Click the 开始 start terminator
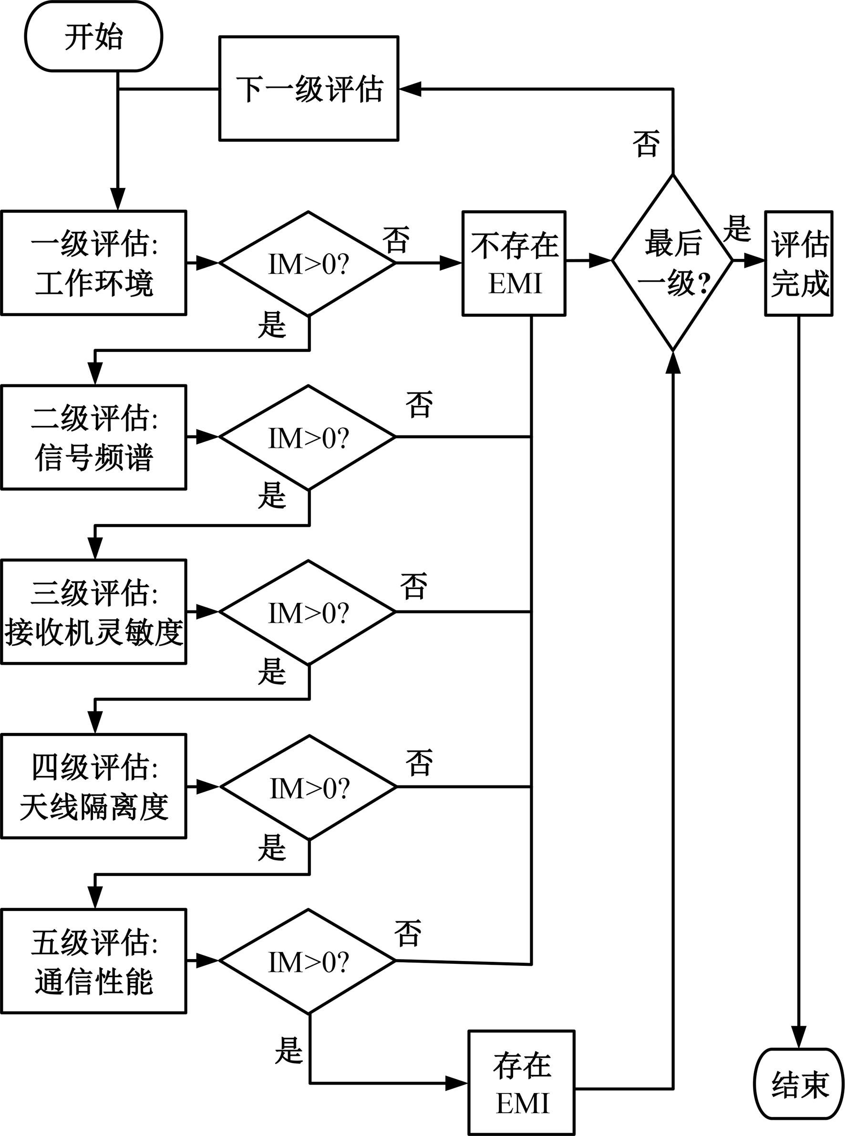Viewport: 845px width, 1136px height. pos(93,36)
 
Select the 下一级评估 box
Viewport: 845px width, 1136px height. pos(309,89)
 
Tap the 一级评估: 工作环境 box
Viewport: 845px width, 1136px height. pos(93,263)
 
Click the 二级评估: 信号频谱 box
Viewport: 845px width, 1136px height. pos(93,437)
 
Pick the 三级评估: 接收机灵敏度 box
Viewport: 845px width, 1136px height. pos(93,612)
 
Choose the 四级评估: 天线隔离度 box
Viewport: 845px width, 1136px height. pos(93,786)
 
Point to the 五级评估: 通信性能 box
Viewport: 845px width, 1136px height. pos(93,961)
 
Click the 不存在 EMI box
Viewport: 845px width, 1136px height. pos(514,263)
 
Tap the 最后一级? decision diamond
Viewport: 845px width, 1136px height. pos(673,262)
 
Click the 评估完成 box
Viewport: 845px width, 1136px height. pos(799,263)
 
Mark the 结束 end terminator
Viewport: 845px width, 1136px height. pos(799,1084)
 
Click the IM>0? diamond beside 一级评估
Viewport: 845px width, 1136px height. pos(308,263)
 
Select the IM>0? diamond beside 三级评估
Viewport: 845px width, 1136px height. pos(308,612)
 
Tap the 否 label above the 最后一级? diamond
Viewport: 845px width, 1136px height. pos(646,143)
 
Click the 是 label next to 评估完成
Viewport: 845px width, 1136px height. pos(737,228)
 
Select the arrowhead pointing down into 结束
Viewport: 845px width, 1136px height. pos(799,1038)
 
